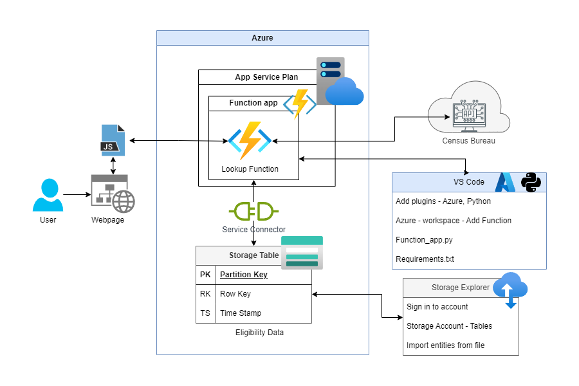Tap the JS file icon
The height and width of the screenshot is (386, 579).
[113, 141]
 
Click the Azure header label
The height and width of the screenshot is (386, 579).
[262, 38]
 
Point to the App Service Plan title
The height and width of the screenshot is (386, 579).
[266, 77]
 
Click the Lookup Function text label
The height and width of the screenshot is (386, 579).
[250, 169]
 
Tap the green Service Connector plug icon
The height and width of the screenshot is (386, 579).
[253, 211]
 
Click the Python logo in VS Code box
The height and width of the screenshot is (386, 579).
[531, 182]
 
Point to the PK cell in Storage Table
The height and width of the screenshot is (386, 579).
[205, 275]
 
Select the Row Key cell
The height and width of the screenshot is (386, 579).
[235, 294]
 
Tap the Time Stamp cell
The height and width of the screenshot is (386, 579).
[242, 313]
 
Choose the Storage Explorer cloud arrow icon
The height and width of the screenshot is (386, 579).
[510, 290]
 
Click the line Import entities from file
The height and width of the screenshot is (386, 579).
[445, 345]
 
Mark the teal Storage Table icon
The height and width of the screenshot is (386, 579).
[302, 253]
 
